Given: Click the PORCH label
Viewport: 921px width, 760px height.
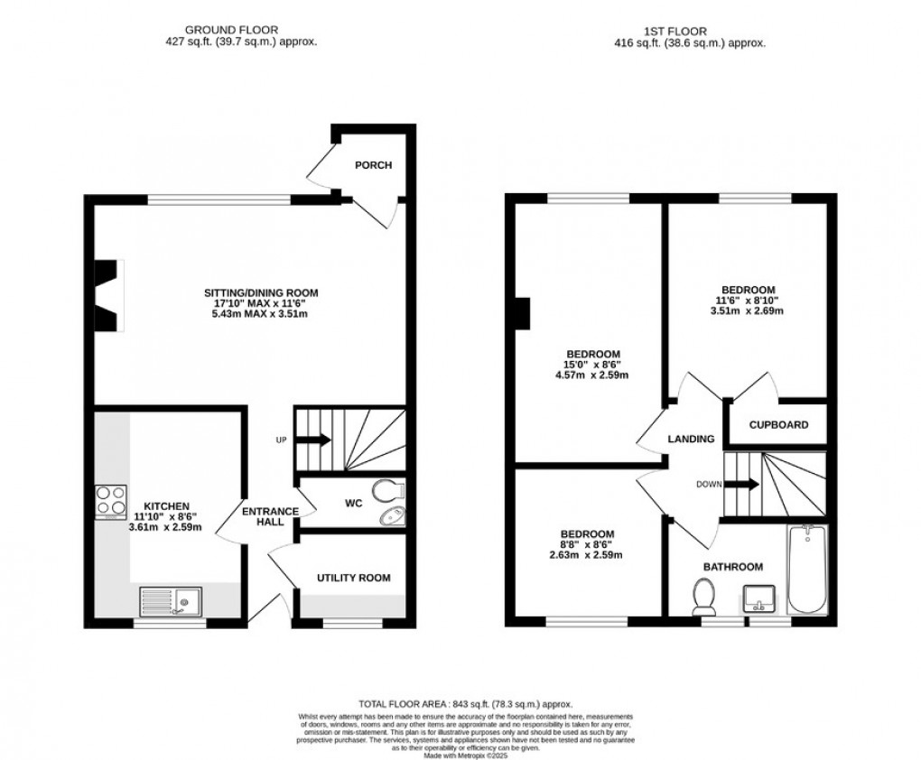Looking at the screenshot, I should click(373, 165).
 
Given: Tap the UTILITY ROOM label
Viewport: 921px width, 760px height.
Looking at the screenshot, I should click(353, 577).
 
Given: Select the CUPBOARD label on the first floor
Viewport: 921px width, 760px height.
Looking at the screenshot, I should click(778, 424).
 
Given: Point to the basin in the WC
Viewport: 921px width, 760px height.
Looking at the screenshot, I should click(393, 516).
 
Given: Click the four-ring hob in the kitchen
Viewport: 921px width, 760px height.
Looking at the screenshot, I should click(109, 501).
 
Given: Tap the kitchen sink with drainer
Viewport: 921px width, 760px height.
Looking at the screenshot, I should click(172, 599).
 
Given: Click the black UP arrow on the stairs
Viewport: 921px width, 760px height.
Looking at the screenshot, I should click(314, 440).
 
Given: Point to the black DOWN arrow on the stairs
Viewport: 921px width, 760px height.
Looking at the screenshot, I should click(743, 484).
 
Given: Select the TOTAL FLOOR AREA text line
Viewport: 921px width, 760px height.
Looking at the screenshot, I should click(465, 704).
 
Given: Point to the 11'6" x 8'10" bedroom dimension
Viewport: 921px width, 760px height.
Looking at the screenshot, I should click(747, 301).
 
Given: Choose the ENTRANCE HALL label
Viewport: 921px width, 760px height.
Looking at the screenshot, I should click(270, 517).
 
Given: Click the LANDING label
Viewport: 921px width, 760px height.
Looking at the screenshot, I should click(692, 439).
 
